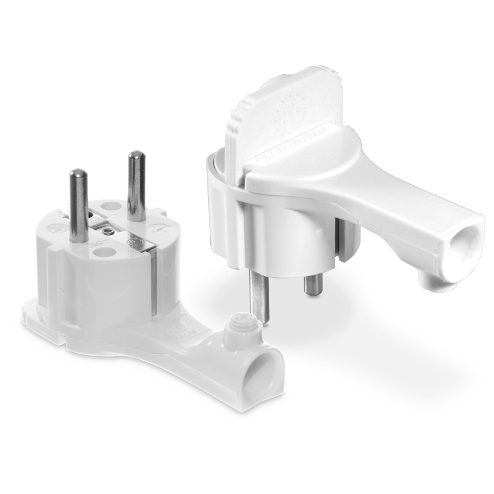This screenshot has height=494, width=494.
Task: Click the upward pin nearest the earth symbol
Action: pos(136,185)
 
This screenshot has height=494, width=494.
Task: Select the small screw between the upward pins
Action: pos(109,232)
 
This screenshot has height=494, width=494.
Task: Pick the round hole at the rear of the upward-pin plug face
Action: pos(111,206)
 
